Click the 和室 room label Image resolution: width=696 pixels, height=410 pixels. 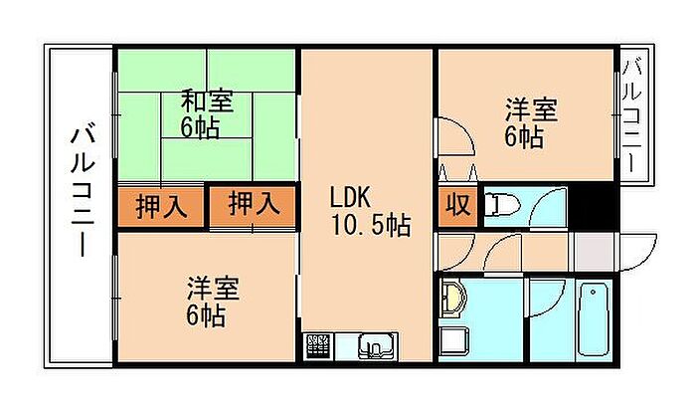[x=207, y=101]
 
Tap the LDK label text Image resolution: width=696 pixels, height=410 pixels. [x=350, y=197]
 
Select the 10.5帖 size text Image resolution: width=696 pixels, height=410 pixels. [x=370, y=225]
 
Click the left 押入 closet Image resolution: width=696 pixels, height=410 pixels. [x=161, y=207]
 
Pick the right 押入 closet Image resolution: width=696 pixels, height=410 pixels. [x=253, y=206]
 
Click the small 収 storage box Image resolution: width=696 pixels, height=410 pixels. [x=458, y=206]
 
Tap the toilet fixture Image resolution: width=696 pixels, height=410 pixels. [x=502, y=205]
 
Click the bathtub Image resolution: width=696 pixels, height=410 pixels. [x=593, y=319]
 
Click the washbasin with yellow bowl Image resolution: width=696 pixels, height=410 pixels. [x=453, y=299]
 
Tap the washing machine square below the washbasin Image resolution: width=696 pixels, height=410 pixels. [x=453, y=341]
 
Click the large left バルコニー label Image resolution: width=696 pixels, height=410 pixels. [x=83, y=191]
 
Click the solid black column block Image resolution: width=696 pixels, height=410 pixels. [x=592, y=206]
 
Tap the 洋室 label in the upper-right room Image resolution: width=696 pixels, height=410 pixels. [x=531, y=109]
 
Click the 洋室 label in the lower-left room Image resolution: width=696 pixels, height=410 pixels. [x=213, y=289]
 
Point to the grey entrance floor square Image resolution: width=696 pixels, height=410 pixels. [x=595, y=252]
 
